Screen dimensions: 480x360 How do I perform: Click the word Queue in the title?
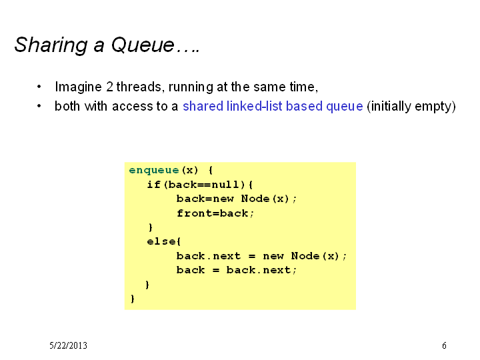(x=143, y=45)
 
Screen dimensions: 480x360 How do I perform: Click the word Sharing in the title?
(x=51, y=46)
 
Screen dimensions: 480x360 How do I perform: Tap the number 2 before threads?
(x=109, y=87)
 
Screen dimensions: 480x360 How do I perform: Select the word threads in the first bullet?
(x=139, y=87)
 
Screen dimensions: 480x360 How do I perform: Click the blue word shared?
(x=203, y=106)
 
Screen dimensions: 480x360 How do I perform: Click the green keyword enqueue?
(x=154, y=170)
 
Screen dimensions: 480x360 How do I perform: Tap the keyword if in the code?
(x=154, y=185)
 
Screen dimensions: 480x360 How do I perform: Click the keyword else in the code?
(x=161, y=241)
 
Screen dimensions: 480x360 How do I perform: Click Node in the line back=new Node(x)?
(x=255, y=199)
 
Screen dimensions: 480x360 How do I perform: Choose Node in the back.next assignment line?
(x=305, y=255)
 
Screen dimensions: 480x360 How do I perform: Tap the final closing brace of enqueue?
(x=133, y=299)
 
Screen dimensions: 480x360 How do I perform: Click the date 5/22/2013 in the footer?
(x=68, y=345)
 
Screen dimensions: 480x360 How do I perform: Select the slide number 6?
(x=444, y=345)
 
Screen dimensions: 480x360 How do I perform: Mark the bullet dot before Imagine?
(x=39, y=87)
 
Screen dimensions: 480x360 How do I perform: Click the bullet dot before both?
(x=39, y=106)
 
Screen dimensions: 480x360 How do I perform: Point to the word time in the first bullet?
(x=304, y=87)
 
